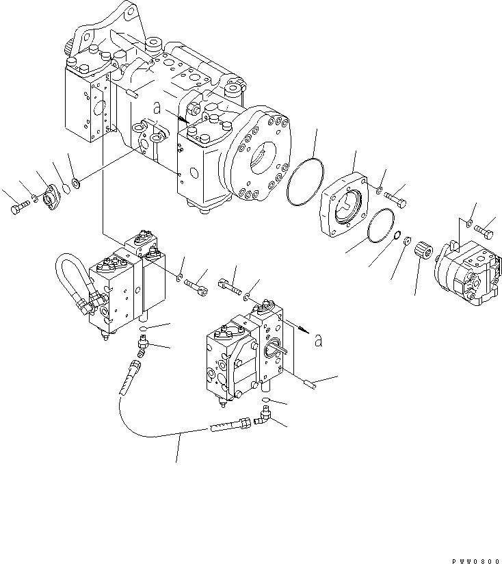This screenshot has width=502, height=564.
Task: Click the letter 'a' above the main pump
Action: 157,107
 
